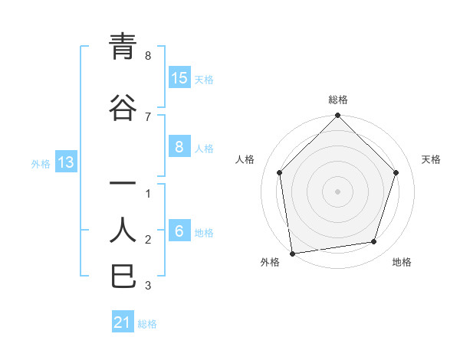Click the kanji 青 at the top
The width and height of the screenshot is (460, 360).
[123, 47]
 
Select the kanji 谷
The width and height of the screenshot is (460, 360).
[123, 106]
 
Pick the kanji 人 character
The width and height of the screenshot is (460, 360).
[123, 229]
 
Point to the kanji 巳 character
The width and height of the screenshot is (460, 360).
[123, 276]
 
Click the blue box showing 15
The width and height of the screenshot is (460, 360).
[179, 78]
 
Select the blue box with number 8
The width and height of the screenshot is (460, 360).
[179, 147]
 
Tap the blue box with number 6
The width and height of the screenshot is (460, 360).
[179, 232]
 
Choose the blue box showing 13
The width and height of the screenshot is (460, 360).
[65, 162]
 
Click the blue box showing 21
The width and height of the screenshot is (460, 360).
[123, 322]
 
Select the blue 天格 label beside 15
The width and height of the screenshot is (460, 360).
[204, 79]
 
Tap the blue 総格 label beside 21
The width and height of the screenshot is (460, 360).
[147, 323]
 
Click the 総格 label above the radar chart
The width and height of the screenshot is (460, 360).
[337, 100]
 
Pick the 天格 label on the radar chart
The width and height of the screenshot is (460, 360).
[431, 159]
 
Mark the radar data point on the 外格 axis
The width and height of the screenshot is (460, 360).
[292, 253]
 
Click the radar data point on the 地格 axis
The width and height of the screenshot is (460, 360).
[374, 242]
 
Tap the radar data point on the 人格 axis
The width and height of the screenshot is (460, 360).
[280, 172]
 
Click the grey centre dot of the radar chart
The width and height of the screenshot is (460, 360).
[337, 191]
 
